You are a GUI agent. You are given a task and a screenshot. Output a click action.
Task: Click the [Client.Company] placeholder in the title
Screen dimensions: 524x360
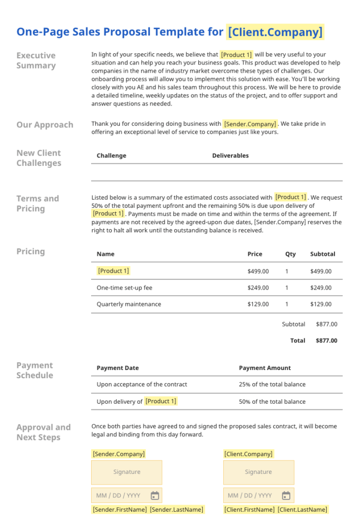pos(276,32)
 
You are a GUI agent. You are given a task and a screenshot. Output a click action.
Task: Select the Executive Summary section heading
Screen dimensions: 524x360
pos(36,60)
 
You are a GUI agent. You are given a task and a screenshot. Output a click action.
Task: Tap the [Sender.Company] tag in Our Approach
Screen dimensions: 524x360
pos(250,124)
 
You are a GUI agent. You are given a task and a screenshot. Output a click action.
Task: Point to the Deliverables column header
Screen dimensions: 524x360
pos(230,156)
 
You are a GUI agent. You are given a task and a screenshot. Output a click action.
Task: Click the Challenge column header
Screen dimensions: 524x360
pos(111,156)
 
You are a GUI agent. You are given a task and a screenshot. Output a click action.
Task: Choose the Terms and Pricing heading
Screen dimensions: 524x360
pos(37,203)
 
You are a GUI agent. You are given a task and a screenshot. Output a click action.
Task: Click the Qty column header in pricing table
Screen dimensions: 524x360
pos(290,254)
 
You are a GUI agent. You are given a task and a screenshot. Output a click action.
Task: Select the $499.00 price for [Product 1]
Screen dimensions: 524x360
pos(258,271)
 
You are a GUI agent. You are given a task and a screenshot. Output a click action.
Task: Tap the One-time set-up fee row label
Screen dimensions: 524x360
pos(124,288)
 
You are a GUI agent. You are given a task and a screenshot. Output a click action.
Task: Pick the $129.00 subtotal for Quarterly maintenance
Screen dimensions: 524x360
pos(321,304)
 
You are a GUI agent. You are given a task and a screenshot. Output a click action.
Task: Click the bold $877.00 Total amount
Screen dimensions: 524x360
pos(326,340)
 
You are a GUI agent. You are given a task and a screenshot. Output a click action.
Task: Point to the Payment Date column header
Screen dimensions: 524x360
pos(117,368)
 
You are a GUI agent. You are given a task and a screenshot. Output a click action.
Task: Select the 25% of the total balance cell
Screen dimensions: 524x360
pos(272,384)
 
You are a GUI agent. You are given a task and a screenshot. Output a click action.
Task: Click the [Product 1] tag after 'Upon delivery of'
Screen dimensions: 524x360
pos(161,401)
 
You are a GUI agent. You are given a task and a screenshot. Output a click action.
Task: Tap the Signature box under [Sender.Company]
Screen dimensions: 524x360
pos(126,472)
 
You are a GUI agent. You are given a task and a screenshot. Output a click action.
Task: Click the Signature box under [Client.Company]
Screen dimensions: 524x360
pos(259,472)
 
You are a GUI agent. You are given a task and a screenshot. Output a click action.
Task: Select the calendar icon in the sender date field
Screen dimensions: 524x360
pos(155,495)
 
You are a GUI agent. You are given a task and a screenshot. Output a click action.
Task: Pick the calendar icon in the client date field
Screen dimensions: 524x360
pos(286,495)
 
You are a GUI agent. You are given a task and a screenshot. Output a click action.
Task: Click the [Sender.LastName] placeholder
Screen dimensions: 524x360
pos(176,510)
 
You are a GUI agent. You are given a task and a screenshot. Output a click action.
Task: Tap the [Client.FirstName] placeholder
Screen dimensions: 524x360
pos(249,510)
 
